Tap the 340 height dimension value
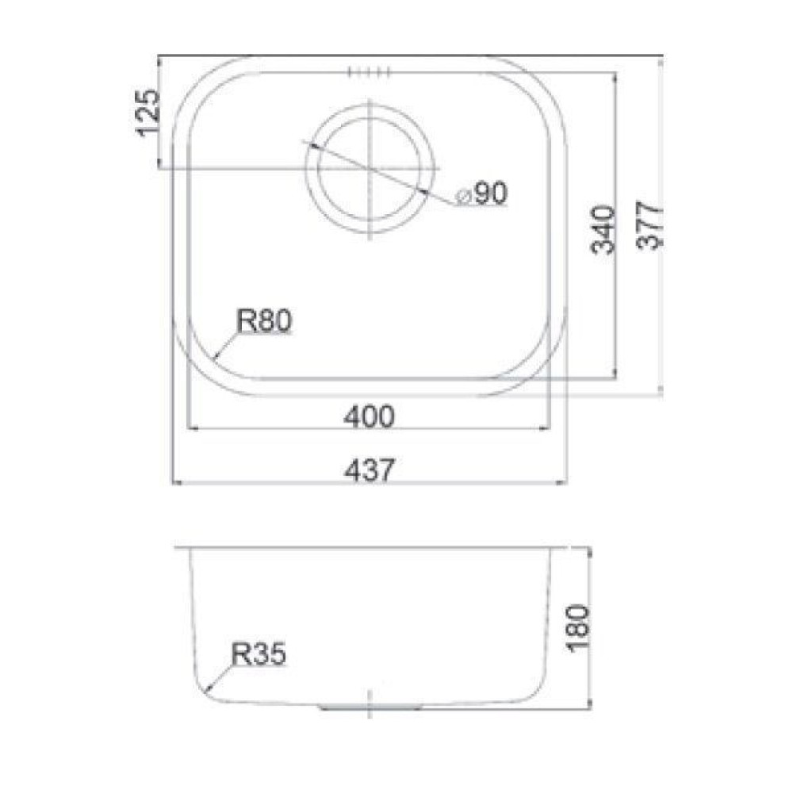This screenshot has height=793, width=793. (604, 229)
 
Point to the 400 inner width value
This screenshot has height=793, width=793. (369, 417)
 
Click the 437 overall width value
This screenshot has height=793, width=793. (369, 470)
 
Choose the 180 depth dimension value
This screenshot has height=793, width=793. (578, 629)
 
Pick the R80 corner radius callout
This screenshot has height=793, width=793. (264, 321)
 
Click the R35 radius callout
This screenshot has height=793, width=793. (259, 653)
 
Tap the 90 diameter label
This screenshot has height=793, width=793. (490, 193)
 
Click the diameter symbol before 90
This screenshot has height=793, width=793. (463, 196)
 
